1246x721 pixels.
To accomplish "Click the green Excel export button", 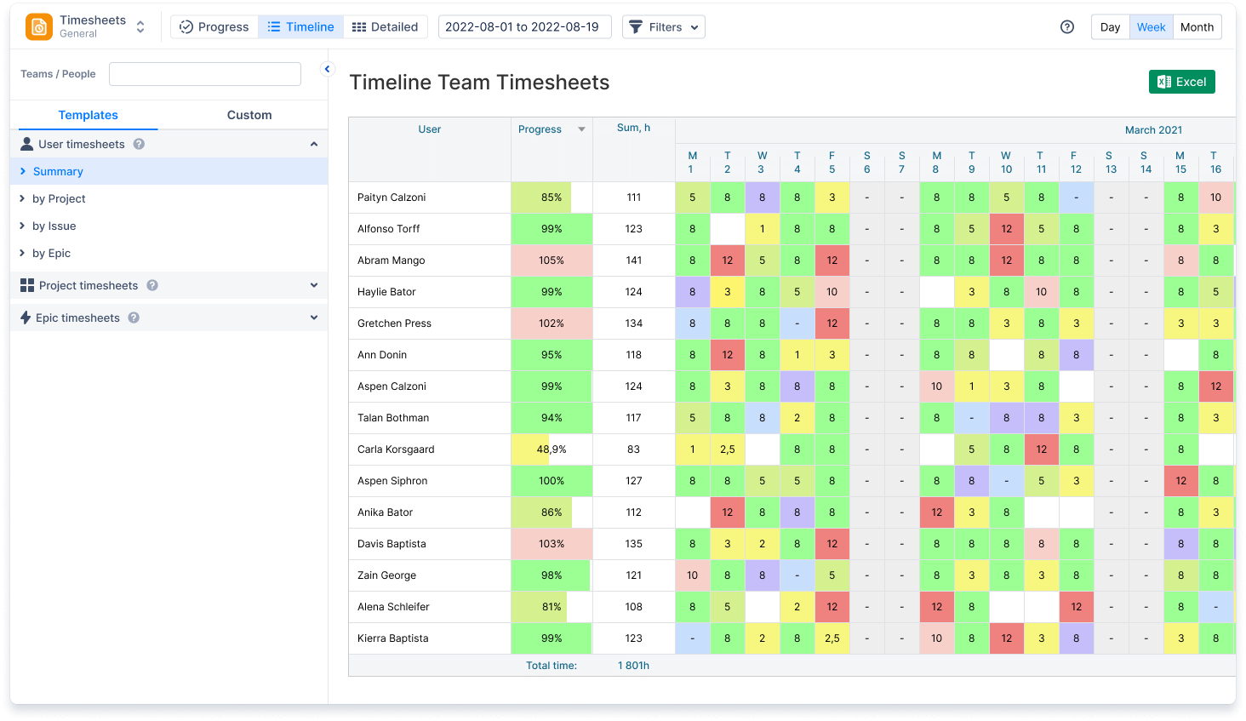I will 1181,82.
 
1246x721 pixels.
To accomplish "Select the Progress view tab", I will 214,27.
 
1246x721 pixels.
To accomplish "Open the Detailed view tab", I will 386,27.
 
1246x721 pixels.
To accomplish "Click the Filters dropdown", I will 664,27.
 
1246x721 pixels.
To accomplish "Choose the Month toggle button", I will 1197,27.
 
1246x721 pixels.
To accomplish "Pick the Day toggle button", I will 1110,27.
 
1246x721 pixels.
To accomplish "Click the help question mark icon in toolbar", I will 1067,27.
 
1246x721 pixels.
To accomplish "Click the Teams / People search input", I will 205,74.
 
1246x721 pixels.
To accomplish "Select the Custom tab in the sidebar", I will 249,115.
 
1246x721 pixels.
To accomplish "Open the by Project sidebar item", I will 59,198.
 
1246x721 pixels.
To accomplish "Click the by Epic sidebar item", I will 51,253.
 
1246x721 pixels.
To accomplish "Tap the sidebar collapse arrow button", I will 327,69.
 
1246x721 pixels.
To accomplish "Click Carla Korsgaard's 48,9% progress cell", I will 552,449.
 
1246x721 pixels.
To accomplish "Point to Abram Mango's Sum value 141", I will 633,260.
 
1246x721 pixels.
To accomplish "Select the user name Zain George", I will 386,575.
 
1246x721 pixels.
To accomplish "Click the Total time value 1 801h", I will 633,666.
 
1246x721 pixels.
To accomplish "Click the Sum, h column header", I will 633,128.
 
